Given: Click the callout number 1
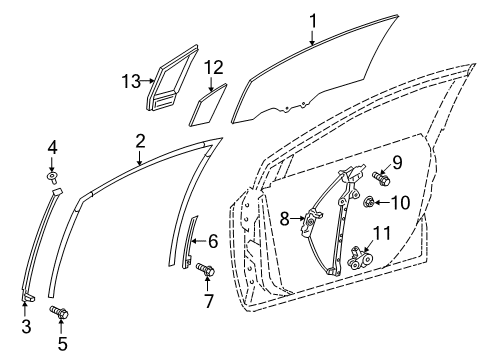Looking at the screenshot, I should coord(312,18).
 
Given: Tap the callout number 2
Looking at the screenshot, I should coord(141,141).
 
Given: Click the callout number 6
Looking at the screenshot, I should coord(211,241).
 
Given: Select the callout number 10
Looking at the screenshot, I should coord(399,203).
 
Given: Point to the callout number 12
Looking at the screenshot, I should coord(212,68).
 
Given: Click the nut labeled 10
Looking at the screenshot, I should coord(369,204).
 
